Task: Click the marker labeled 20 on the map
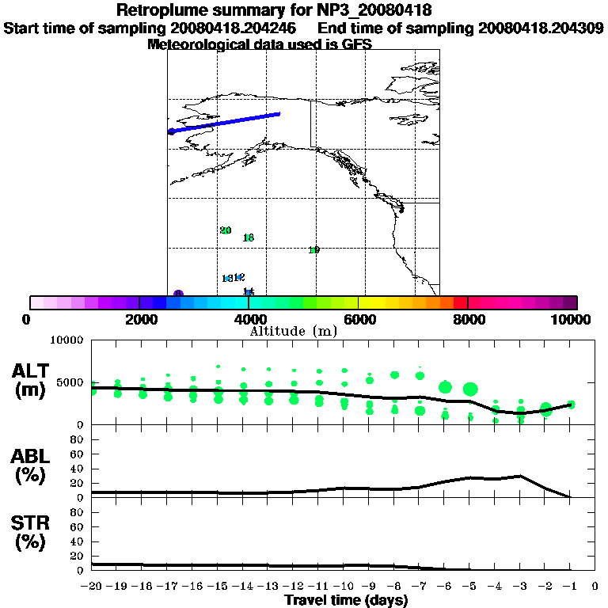click(226, 230)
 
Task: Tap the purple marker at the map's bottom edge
click(179, 294)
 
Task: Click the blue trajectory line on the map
click(225, 123)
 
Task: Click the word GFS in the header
click(357, 44)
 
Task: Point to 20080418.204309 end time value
click(541, 28)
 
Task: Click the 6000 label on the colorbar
click(359, 319)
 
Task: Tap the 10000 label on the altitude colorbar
click(576, 319)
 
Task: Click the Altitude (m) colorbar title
click(294, 331)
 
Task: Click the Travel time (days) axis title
click(346, 601)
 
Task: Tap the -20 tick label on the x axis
click(92, 586)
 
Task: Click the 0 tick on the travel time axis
click(595, 586)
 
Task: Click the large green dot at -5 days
click(470, 389)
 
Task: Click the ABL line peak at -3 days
click(520, 476)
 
